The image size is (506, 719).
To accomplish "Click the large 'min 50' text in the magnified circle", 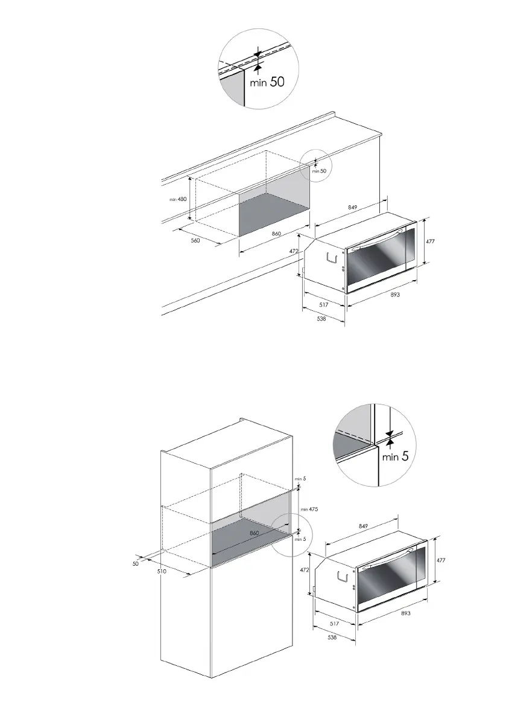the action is point(267,83).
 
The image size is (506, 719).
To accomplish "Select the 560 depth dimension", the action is point(195,240).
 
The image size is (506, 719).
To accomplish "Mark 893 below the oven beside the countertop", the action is point(396,295).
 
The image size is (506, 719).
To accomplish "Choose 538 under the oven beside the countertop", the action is point(321,319).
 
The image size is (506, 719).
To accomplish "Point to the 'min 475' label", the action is point(309,509).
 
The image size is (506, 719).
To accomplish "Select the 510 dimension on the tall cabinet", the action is point(162,570).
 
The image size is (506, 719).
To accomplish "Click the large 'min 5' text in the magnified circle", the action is point(396,456).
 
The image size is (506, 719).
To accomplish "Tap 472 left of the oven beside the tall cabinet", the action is point(305,569).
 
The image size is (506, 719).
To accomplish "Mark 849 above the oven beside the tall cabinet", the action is point(364,526).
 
